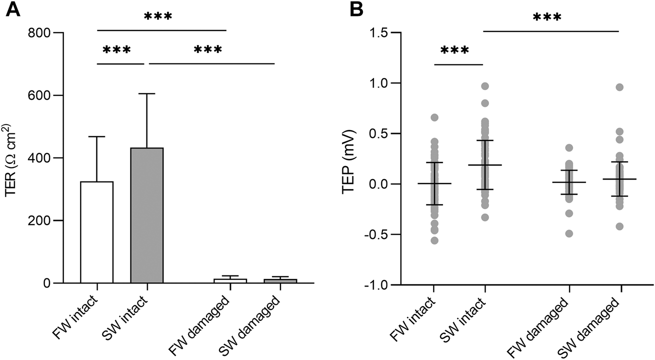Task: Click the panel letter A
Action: tap(13, 10)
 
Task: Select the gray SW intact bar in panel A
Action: tap(147, 215)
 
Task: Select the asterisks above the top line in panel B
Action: tap(547, 18)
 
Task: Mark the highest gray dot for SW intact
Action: tap(485, 86)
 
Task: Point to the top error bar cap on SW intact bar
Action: tap(147, 93)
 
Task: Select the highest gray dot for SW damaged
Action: tap(620, 87)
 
